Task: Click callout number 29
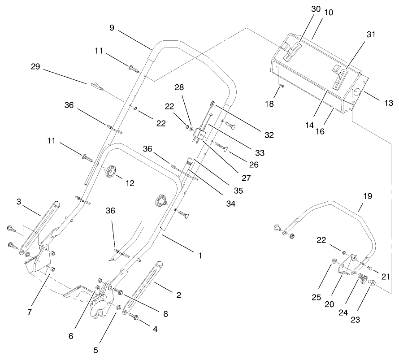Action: coord(35,67)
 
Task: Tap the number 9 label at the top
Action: coord(112,28)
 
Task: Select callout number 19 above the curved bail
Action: coord(367,196)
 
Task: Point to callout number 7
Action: coord(30,312)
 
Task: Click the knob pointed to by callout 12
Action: coord(110,171)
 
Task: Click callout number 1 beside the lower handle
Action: coord(199,256)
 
